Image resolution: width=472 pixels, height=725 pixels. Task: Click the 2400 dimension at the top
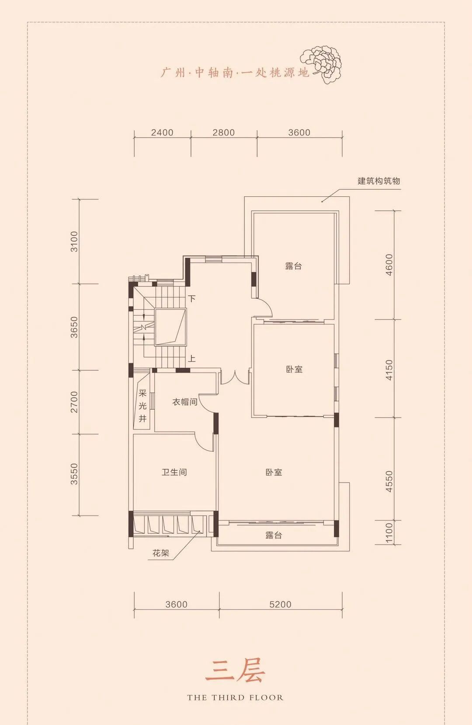coord(162,132)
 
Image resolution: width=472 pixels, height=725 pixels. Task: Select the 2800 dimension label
coord(224,132)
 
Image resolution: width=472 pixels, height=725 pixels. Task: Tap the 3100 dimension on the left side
coord(74,241)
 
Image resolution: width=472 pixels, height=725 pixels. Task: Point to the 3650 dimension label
coord(74,327)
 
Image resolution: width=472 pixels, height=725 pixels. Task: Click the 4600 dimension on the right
coord(389,265)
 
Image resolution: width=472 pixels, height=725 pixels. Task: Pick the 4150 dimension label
coord(389,369)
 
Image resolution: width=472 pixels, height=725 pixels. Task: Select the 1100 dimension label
coord(389,533)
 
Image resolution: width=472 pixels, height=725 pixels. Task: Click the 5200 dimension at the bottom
coord(281,604)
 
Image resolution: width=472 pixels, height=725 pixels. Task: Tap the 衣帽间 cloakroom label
coord(185,402)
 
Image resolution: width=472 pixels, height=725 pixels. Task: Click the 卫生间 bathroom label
coord(174,472)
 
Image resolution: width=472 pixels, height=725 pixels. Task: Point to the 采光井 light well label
coord(142,406)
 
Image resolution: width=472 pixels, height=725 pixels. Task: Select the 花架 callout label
coord(161,553)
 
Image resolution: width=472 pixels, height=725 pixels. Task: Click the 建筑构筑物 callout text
coord(379,181)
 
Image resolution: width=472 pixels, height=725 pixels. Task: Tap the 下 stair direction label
coord(192,298)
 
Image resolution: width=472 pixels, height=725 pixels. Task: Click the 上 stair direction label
coord(192,359)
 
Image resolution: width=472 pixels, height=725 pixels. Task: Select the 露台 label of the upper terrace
coord(293,266)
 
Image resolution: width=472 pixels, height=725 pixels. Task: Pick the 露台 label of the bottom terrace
coord(274,535)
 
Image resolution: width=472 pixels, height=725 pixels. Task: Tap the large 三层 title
coord(235,672)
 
